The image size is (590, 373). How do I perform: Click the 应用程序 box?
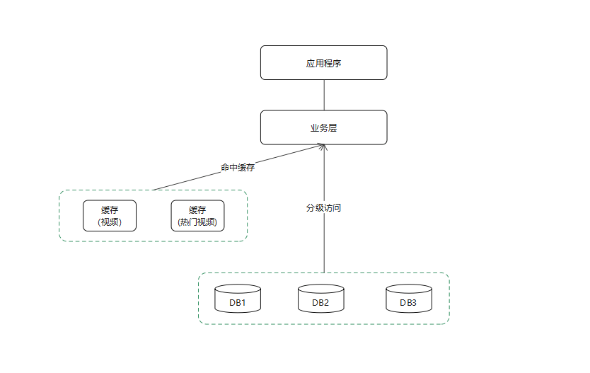323,62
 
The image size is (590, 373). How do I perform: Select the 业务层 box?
323,127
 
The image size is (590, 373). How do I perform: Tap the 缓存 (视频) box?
110,216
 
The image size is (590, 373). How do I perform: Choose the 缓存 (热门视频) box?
197,216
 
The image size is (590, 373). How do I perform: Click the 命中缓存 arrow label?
238,168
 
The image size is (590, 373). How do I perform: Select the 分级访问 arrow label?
323,208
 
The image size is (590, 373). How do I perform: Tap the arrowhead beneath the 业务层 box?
323,147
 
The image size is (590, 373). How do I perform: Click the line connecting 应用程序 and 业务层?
323,95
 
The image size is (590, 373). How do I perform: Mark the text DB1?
238,303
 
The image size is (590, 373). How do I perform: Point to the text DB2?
320,303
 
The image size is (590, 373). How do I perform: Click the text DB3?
408,303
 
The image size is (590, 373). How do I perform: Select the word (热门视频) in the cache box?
197,222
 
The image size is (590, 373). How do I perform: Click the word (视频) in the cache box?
110,222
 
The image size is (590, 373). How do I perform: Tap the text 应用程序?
323,63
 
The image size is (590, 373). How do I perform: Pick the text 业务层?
323,128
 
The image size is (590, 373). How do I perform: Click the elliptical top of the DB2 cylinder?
320,289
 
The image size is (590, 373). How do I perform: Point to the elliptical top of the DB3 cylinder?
408,289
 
